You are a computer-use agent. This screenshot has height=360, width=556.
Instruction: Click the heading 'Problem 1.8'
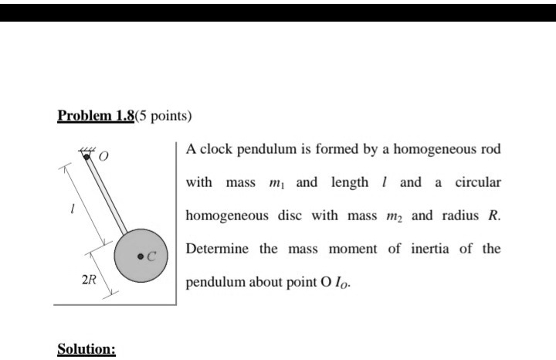tap(96, 117)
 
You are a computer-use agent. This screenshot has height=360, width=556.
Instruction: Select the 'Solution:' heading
tap(86, 349)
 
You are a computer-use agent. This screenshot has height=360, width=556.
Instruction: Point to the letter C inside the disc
tap(152, 256)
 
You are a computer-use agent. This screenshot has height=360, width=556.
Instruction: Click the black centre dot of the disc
tap(141, 256)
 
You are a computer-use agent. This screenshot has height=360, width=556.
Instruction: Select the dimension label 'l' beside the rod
tap(72, 209)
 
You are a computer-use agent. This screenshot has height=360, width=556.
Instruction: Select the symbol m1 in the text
tap(276, 184)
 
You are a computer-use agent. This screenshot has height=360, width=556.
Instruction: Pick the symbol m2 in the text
tap(393, 216)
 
